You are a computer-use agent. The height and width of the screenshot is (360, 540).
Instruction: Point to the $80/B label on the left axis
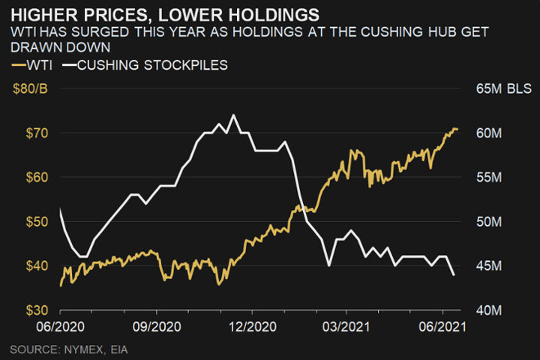click(31, 89)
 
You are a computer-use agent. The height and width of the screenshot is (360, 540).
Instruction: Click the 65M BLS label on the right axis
click(503, 89)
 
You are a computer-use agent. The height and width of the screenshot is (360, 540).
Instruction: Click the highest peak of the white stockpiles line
click(232, 115)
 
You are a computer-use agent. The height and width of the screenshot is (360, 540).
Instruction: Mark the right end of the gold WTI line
click(457, 130)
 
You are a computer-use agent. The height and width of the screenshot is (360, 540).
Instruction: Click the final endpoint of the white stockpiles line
click(454, 274)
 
